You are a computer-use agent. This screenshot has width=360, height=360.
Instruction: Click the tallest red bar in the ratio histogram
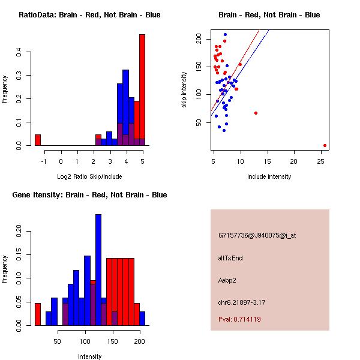(x=142, y=90)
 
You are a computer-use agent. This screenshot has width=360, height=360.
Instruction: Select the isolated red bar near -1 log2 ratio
(x=38, y=140)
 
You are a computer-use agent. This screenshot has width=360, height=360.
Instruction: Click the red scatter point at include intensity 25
(x=325, y=145)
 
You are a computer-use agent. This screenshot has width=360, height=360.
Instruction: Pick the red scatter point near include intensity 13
(x=256, y=113)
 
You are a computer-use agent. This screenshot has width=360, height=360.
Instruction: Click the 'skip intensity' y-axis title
(x=184, y=90)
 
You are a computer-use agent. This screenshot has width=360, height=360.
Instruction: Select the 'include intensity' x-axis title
(x=269, y=176)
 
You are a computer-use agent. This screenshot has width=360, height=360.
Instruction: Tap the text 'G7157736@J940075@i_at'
(x=257, y=235)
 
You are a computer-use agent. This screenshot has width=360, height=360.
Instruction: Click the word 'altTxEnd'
(x=230, y=258)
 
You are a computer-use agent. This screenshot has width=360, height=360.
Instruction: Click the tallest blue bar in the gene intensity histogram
(x=98, y=269)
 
